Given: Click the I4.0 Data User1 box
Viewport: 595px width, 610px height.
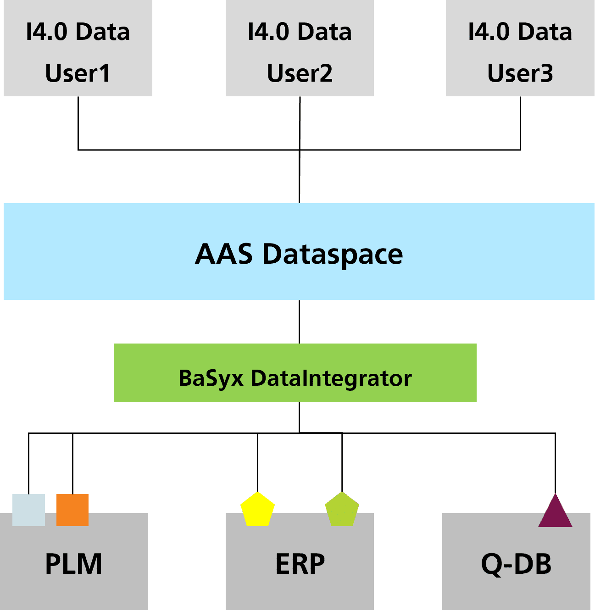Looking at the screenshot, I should pos(78,48).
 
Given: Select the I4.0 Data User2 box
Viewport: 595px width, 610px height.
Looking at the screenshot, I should pos(300,48).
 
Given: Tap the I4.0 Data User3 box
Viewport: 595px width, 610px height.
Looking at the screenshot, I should pos(520,48).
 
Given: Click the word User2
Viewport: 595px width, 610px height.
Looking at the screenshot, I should pos(300,73).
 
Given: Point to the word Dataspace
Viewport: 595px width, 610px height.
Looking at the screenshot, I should pos(332,254).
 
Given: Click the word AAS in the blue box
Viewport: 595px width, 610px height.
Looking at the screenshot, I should pos(223,254).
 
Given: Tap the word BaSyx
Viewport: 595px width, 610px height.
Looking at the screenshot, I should pos(211,379).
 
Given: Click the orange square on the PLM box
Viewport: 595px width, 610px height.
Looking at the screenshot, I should pos(72,510).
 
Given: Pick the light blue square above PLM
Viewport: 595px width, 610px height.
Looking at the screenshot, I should pos(28,510).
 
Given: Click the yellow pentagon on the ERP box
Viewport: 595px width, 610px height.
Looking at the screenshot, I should pos(257,510).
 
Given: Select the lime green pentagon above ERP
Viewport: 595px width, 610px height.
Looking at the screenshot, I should pos(342,510).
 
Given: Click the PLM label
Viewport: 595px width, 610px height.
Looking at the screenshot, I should pos(73,564).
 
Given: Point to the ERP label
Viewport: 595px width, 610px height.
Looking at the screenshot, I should pos(300,564).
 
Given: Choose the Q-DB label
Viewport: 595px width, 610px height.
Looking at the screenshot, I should pos(516,564).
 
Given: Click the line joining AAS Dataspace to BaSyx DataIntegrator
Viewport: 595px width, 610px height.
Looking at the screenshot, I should pos(299,322).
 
